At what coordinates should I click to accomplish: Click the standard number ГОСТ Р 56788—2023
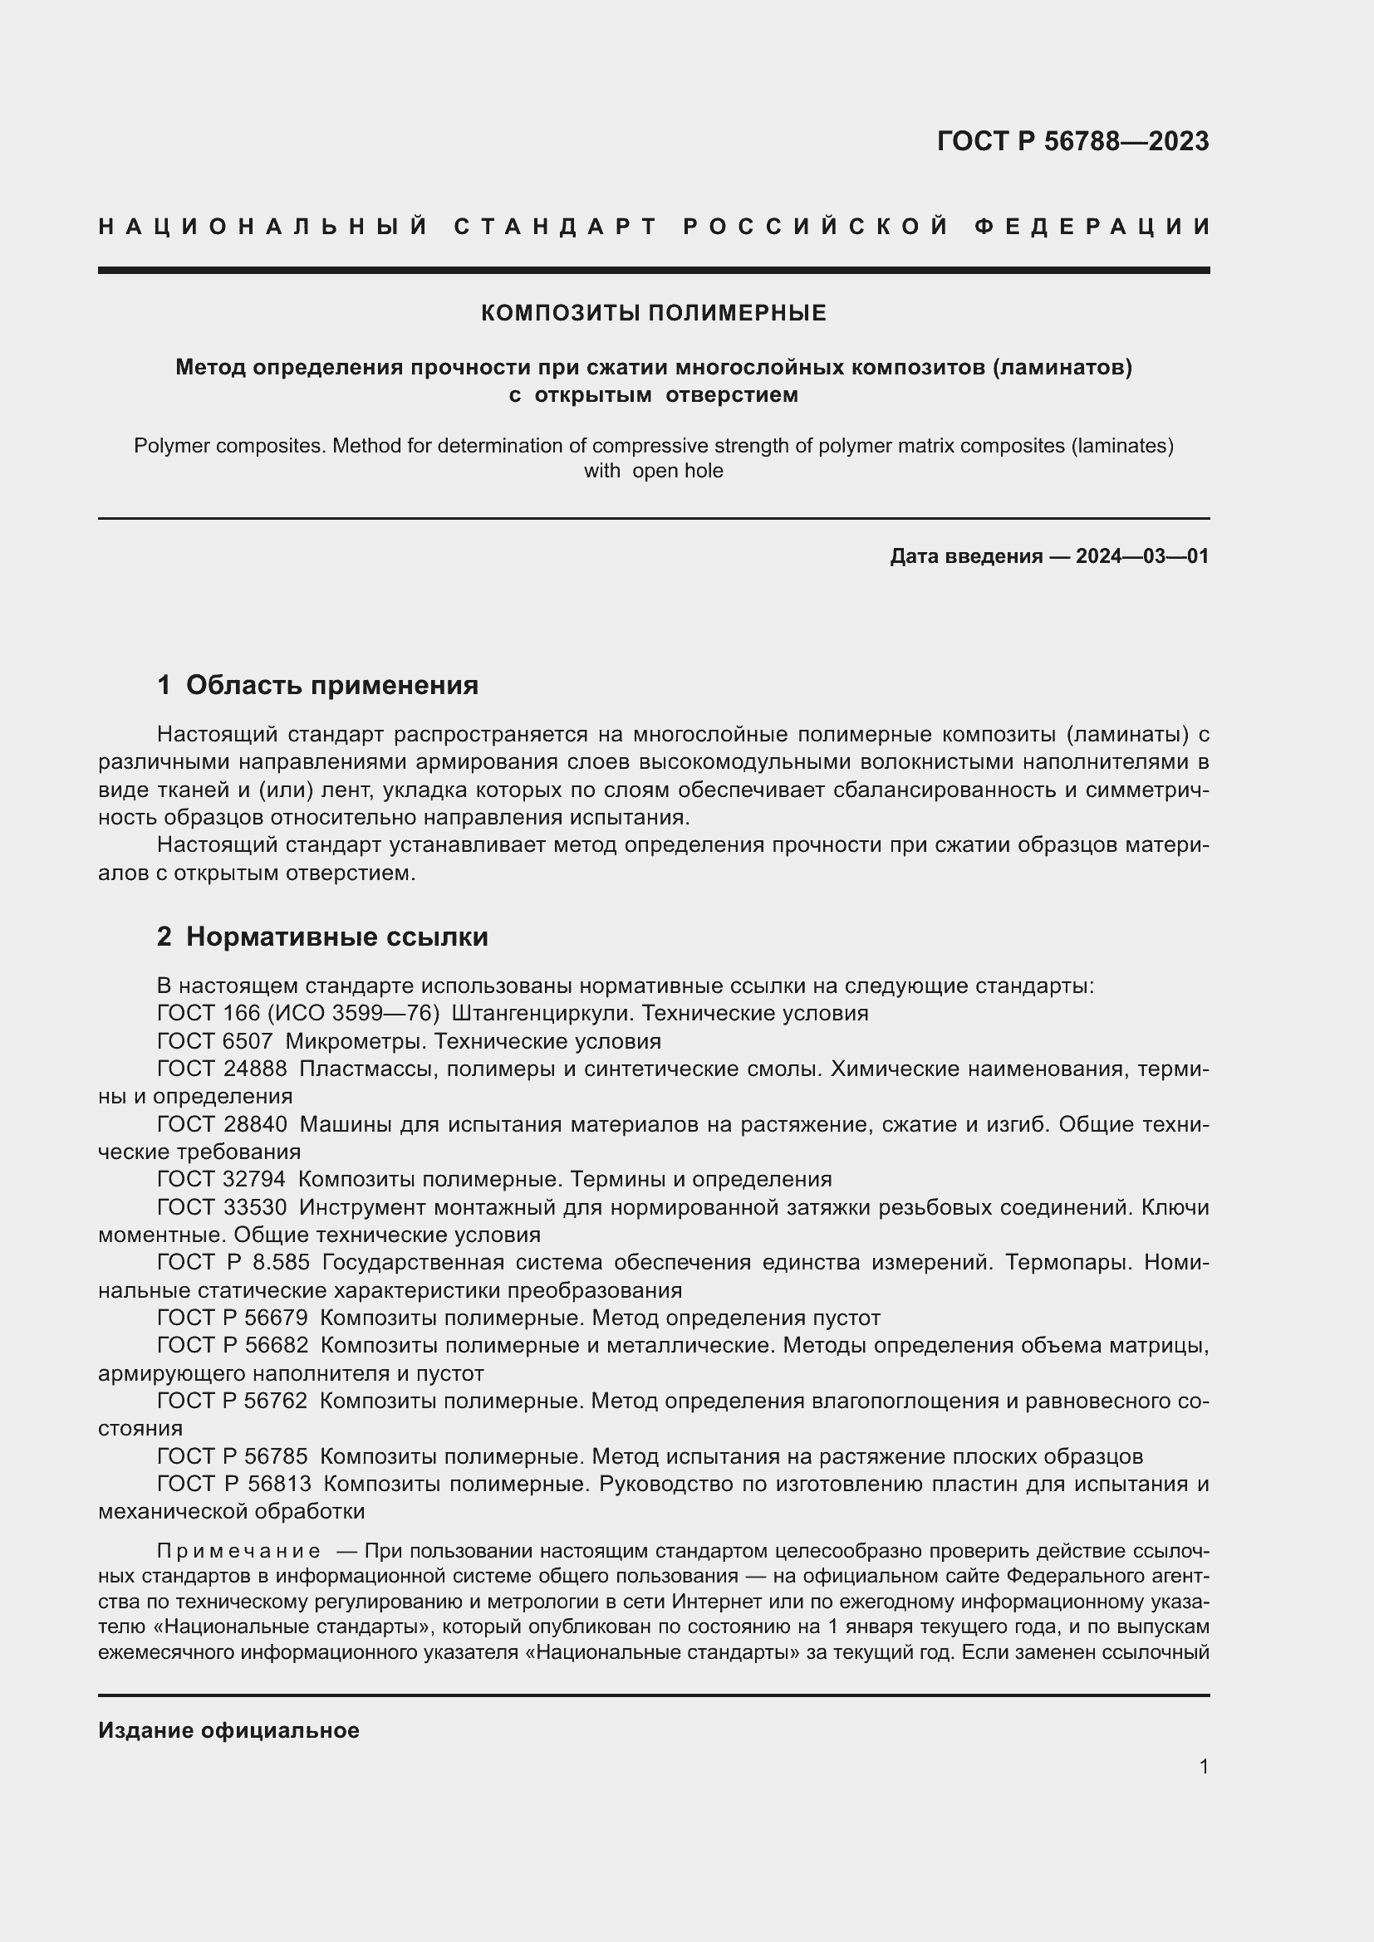[x=1072, y=141]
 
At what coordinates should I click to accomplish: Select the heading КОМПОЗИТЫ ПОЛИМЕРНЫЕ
[x=653, y=313]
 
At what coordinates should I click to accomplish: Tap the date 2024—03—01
[x=1142, y=555]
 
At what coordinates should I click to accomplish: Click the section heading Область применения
[x=331, y=685]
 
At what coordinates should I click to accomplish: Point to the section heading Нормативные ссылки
[x=336, y=937]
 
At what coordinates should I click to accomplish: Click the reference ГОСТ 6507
[x=215, y=1041]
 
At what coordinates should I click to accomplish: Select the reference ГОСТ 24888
[x=222, y=1069]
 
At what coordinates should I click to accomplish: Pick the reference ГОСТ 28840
[x=222, y=1124]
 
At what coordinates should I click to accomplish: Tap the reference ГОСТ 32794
[x=222, y=1179]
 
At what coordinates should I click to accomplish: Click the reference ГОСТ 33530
[x=222, y=1207]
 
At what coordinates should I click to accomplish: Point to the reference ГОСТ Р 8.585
[x=233, y=1262]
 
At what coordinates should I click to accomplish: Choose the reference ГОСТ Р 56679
[x=233, y=1318]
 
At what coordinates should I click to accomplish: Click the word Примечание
[x=238, y=1551]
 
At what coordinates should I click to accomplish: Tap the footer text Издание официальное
[x=228, y=1730]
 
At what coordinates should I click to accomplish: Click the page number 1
[x=1203, y=1766]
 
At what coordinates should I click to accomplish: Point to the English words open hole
[x=677, y=471]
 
